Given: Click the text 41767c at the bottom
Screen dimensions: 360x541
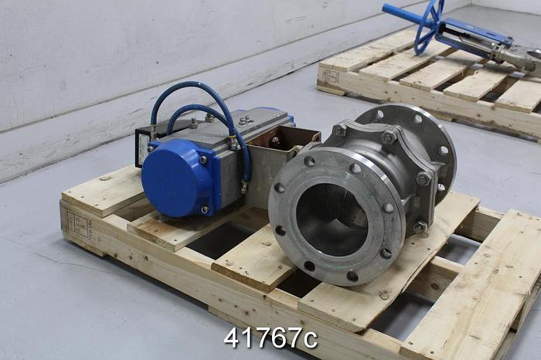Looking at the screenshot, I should (x=270, y=338).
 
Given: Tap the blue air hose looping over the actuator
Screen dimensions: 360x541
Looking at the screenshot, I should (x=193, y=96).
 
